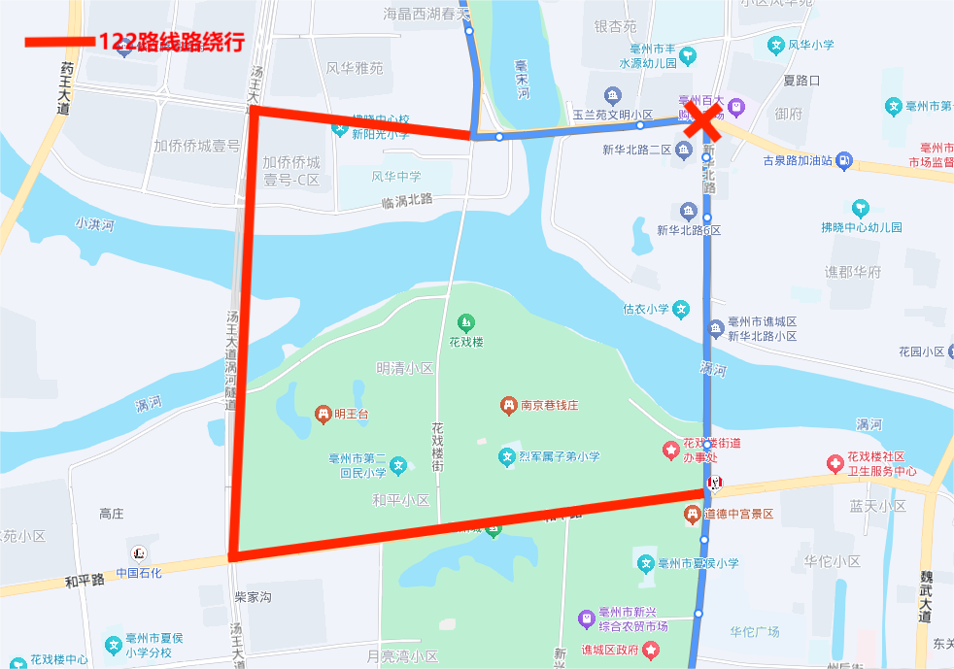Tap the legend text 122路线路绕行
click(x=171, y=42)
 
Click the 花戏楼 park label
click(x=466, y=342)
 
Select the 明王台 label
click(x=352, y=414)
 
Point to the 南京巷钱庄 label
click(x=549, y=405)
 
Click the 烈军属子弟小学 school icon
click(x=506, y=455)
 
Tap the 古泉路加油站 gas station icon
click(x=844, y=160)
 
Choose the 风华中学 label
click(x=396, y=176)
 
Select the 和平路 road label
click(x=85, y=580)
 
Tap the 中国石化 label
click(x=139, y=572)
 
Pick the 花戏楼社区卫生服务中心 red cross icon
click(x=834, y=463)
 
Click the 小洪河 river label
click(x=95, y=224)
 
